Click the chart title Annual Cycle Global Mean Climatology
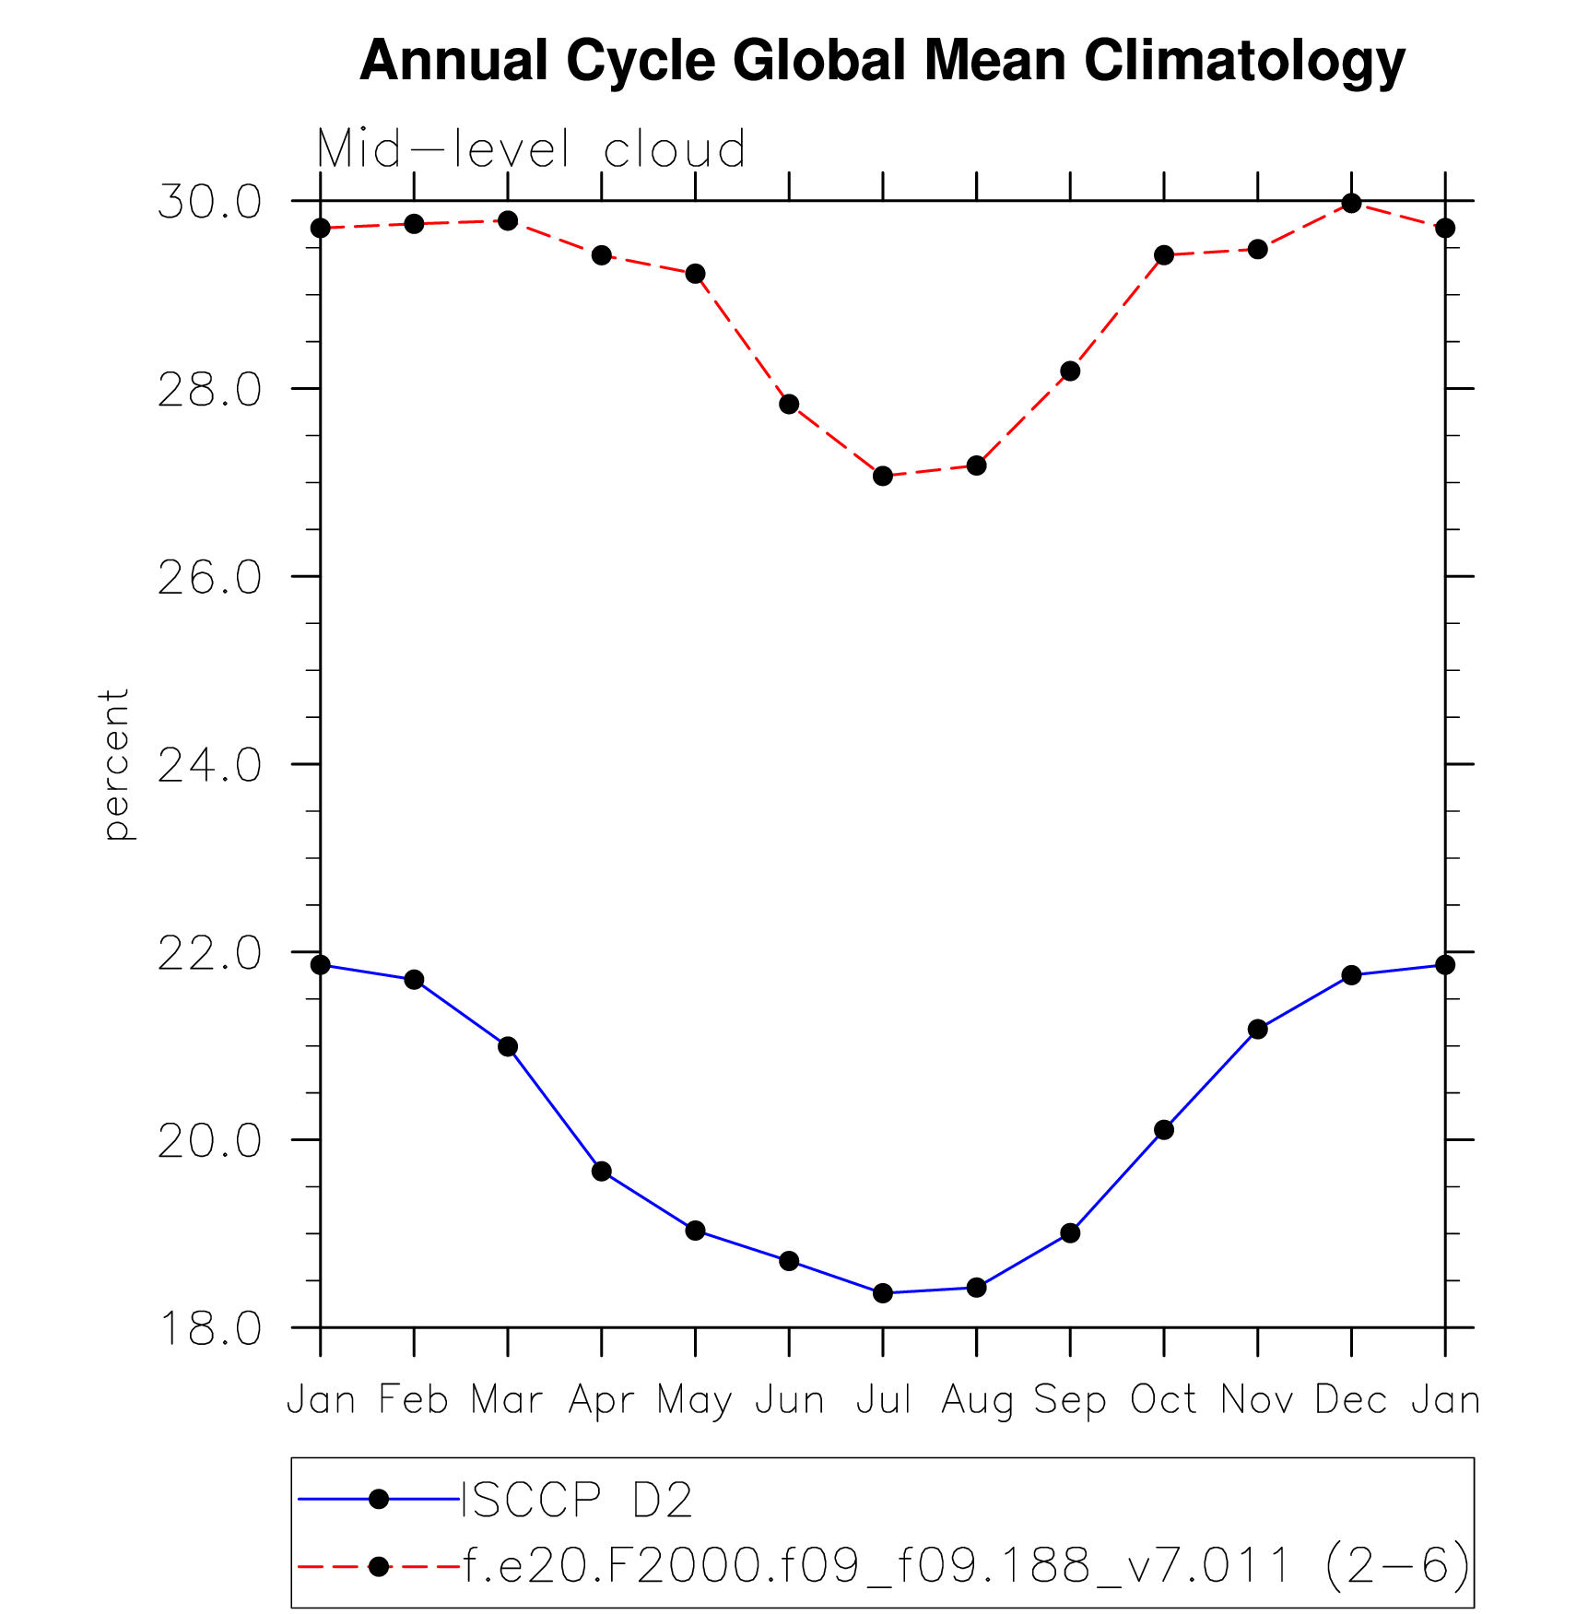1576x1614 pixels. click(x=882, y=61)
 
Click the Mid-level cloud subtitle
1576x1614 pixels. click(x=531, y=149)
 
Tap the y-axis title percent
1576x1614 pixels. click(x=116, y=764)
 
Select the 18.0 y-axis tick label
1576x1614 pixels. click(x=209, y=1329)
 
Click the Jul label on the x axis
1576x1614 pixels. click(x=883, y=1400)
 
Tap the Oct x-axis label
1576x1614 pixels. click(x=1163, y=1400)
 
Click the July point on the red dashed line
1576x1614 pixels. click(x=883, y=476)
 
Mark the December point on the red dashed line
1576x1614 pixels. click(x=1351, y=203)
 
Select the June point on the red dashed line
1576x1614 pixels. click(x=789, y=404)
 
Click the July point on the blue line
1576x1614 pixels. click(x=883, y=1293)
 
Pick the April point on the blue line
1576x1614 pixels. click(x=602, y=1172)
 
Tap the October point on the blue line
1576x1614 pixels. click(x=1164, y=1130)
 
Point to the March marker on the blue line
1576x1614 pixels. click(x=508, y=1047)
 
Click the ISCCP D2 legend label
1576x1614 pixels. click(x=576, y=1500)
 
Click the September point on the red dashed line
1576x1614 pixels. click(x=1070, y=371)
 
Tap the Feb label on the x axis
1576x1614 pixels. click(x=414, y=1400)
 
